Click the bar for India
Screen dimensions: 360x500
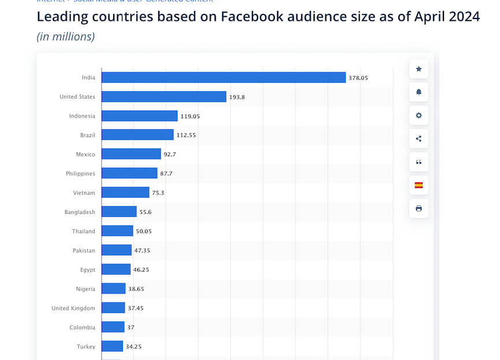click(223, 77)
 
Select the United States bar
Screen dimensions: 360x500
click(164, 97)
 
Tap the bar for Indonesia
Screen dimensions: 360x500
click(140, 116)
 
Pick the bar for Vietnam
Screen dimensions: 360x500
click(125, 193)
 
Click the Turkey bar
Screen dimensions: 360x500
click(113, 346)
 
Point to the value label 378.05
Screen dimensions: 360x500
click(358, 77)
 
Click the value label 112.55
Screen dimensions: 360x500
click(186, 135)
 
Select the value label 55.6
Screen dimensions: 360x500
click(145, 212)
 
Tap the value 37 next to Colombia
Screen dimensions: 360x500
click(130, 327)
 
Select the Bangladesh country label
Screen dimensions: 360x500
click(80, 212)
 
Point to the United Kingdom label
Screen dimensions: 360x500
click(73, 308)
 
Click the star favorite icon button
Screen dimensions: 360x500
click(419, 69)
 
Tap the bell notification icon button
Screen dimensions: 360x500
click(419, 92)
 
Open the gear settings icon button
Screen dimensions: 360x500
click(419, 115)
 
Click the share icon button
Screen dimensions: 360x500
click(419, 138)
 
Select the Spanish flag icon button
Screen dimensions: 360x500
click(419, 185)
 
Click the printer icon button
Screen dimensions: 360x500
click(419, 208)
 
